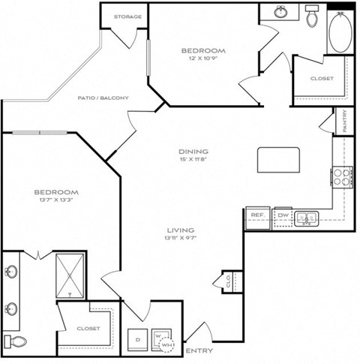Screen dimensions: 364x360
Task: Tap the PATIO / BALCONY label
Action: click(103, 98)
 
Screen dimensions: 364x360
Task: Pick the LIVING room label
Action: click(181, 230)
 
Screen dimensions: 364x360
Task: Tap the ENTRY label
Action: click(198, 350)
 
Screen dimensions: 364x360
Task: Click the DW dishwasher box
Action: click(283, 215)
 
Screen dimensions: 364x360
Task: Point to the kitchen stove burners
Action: click(343, 176)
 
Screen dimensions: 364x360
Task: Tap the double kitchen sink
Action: click(305, 218)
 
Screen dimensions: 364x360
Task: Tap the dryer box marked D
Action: click(137, 338)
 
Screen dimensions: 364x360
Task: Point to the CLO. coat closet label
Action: click(228, 281)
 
